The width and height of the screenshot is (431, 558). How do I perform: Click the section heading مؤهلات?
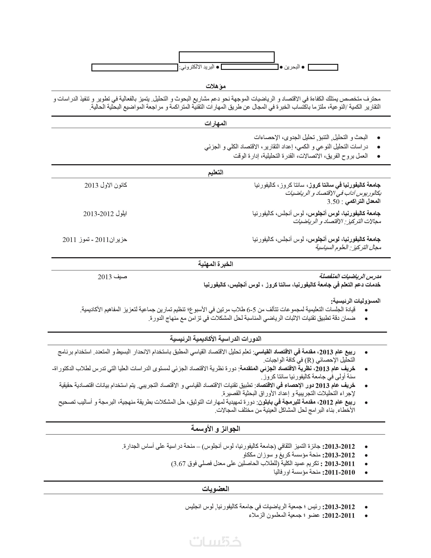click(216, 86)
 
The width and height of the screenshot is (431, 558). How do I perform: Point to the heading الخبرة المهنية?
click(216, 264)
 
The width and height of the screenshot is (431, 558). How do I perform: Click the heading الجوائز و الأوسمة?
click(216, 428)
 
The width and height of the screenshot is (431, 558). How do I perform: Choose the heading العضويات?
click(216, 489)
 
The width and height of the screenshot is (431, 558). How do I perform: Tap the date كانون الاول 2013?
click(106, 185)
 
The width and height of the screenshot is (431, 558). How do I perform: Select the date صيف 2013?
click(112, 277)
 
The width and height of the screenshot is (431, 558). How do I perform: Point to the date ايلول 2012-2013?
click(105, 214)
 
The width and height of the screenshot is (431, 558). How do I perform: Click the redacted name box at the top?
click(227, 57)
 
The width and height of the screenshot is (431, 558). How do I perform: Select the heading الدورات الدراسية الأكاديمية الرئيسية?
click(216, 339)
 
